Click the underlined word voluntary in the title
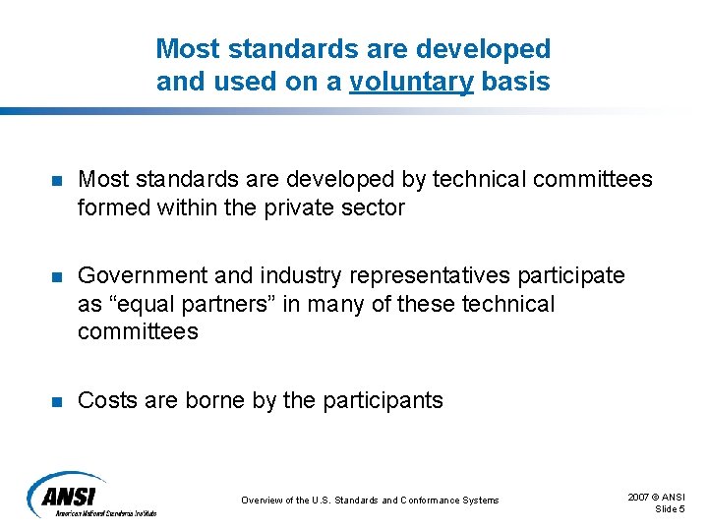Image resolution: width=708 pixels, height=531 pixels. [411, 82]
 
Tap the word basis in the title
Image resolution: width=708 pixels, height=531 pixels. [515, 81]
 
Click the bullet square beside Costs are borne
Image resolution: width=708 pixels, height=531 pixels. [57, 401]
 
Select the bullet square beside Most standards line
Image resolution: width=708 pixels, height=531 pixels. [57, 181]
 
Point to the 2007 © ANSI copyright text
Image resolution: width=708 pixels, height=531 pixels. [657, 498]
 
